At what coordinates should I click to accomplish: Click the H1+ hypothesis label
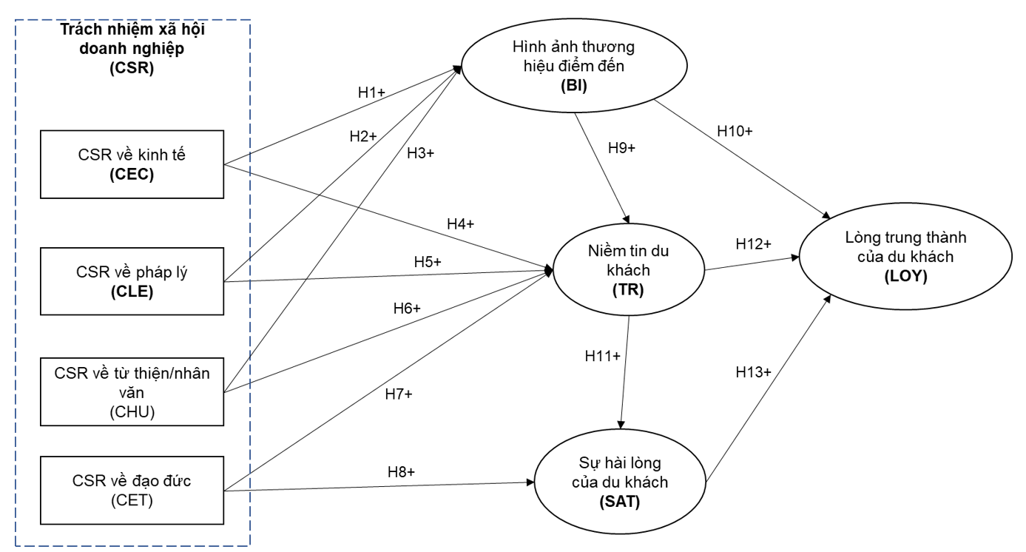(371, 92)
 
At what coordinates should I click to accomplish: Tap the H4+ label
(460, 224)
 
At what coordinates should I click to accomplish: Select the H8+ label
(401, 472)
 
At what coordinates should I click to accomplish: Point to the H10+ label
(735, 132)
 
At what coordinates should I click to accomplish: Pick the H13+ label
(754, 372)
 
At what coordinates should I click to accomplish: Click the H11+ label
(602, 356)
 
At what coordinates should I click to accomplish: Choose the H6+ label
(407, 309)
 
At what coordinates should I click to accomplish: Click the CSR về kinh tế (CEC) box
(132, 164)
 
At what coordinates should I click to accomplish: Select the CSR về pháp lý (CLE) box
(132, 281)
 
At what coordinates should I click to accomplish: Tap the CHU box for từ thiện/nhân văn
(132, 392)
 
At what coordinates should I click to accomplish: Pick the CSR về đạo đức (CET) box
(132, 490)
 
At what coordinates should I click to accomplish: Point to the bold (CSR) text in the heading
(132, 68)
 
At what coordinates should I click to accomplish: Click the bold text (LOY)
(905, 276)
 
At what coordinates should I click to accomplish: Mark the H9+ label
(621, 148)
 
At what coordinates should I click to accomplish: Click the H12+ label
(754, 243)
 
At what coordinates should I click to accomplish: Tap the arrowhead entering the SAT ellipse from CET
(530, 482)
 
